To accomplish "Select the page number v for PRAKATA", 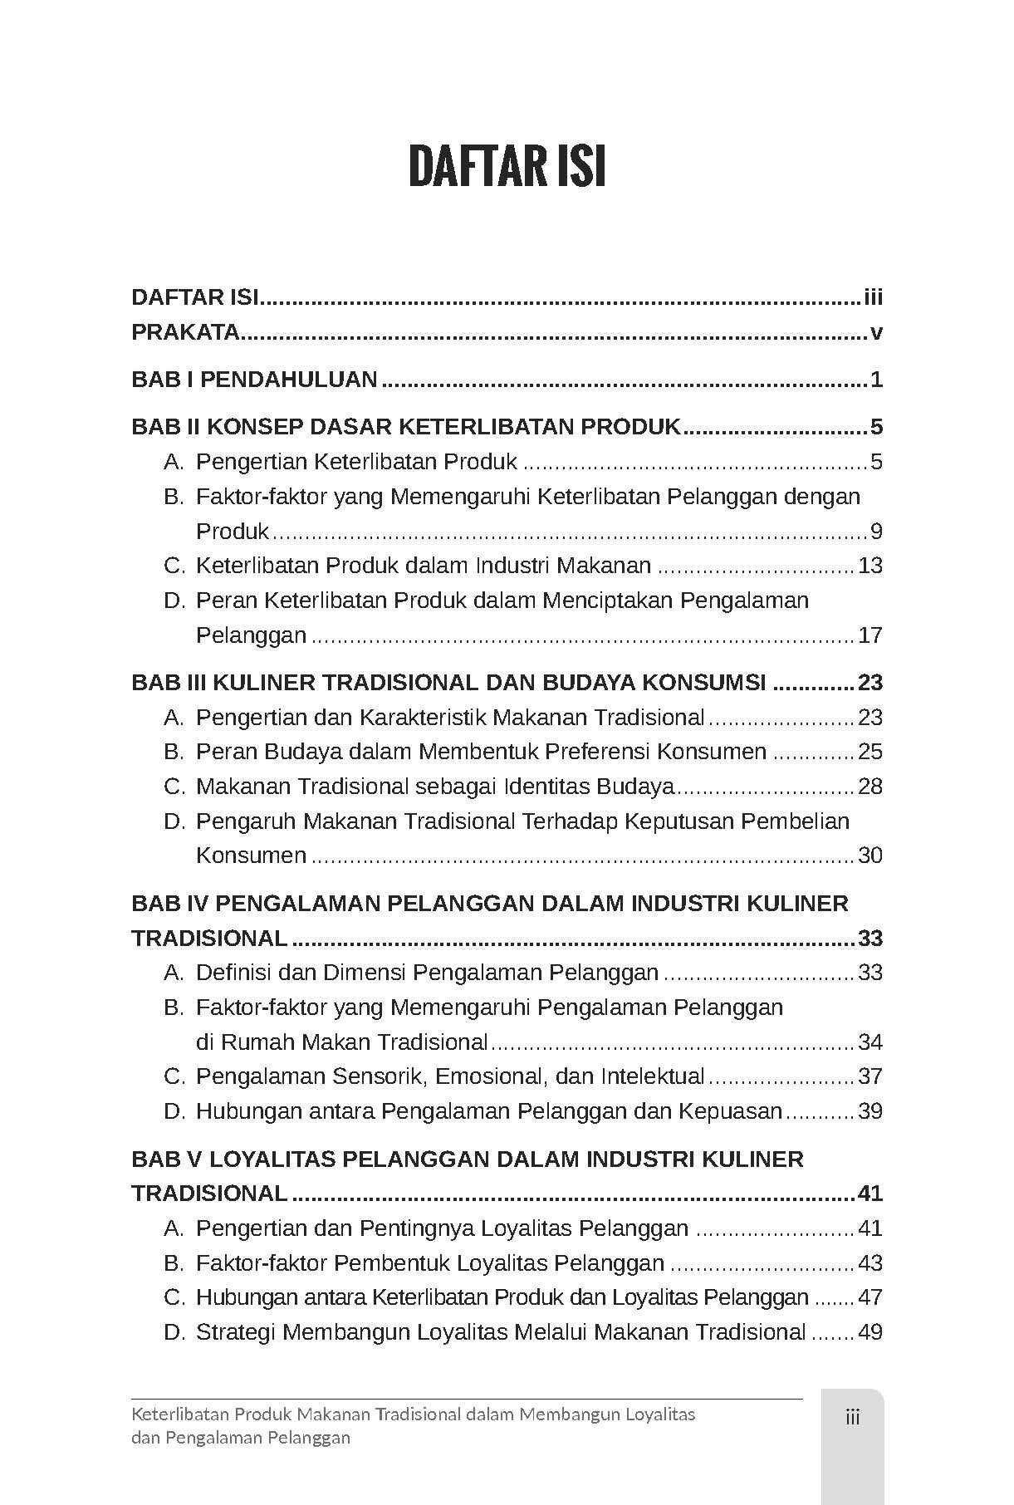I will (x=875, y=333).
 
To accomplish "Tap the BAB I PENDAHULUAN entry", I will (x=254, y=380).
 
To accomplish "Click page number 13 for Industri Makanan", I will (x=869, y=566).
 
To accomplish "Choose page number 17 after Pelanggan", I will (x=869, y=635).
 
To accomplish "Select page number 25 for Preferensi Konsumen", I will (x=869, y=752).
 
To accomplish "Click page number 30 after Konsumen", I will (x=869, y=855).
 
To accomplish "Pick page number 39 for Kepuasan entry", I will (x=869, y=1111).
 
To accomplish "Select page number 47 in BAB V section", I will (x=869, y=1297).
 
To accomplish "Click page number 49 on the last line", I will (x=869, y=1332).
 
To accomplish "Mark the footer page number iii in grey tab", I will (x=852, y=1417).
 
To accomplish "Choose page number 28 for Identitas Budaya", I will (x=869, y=787).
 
